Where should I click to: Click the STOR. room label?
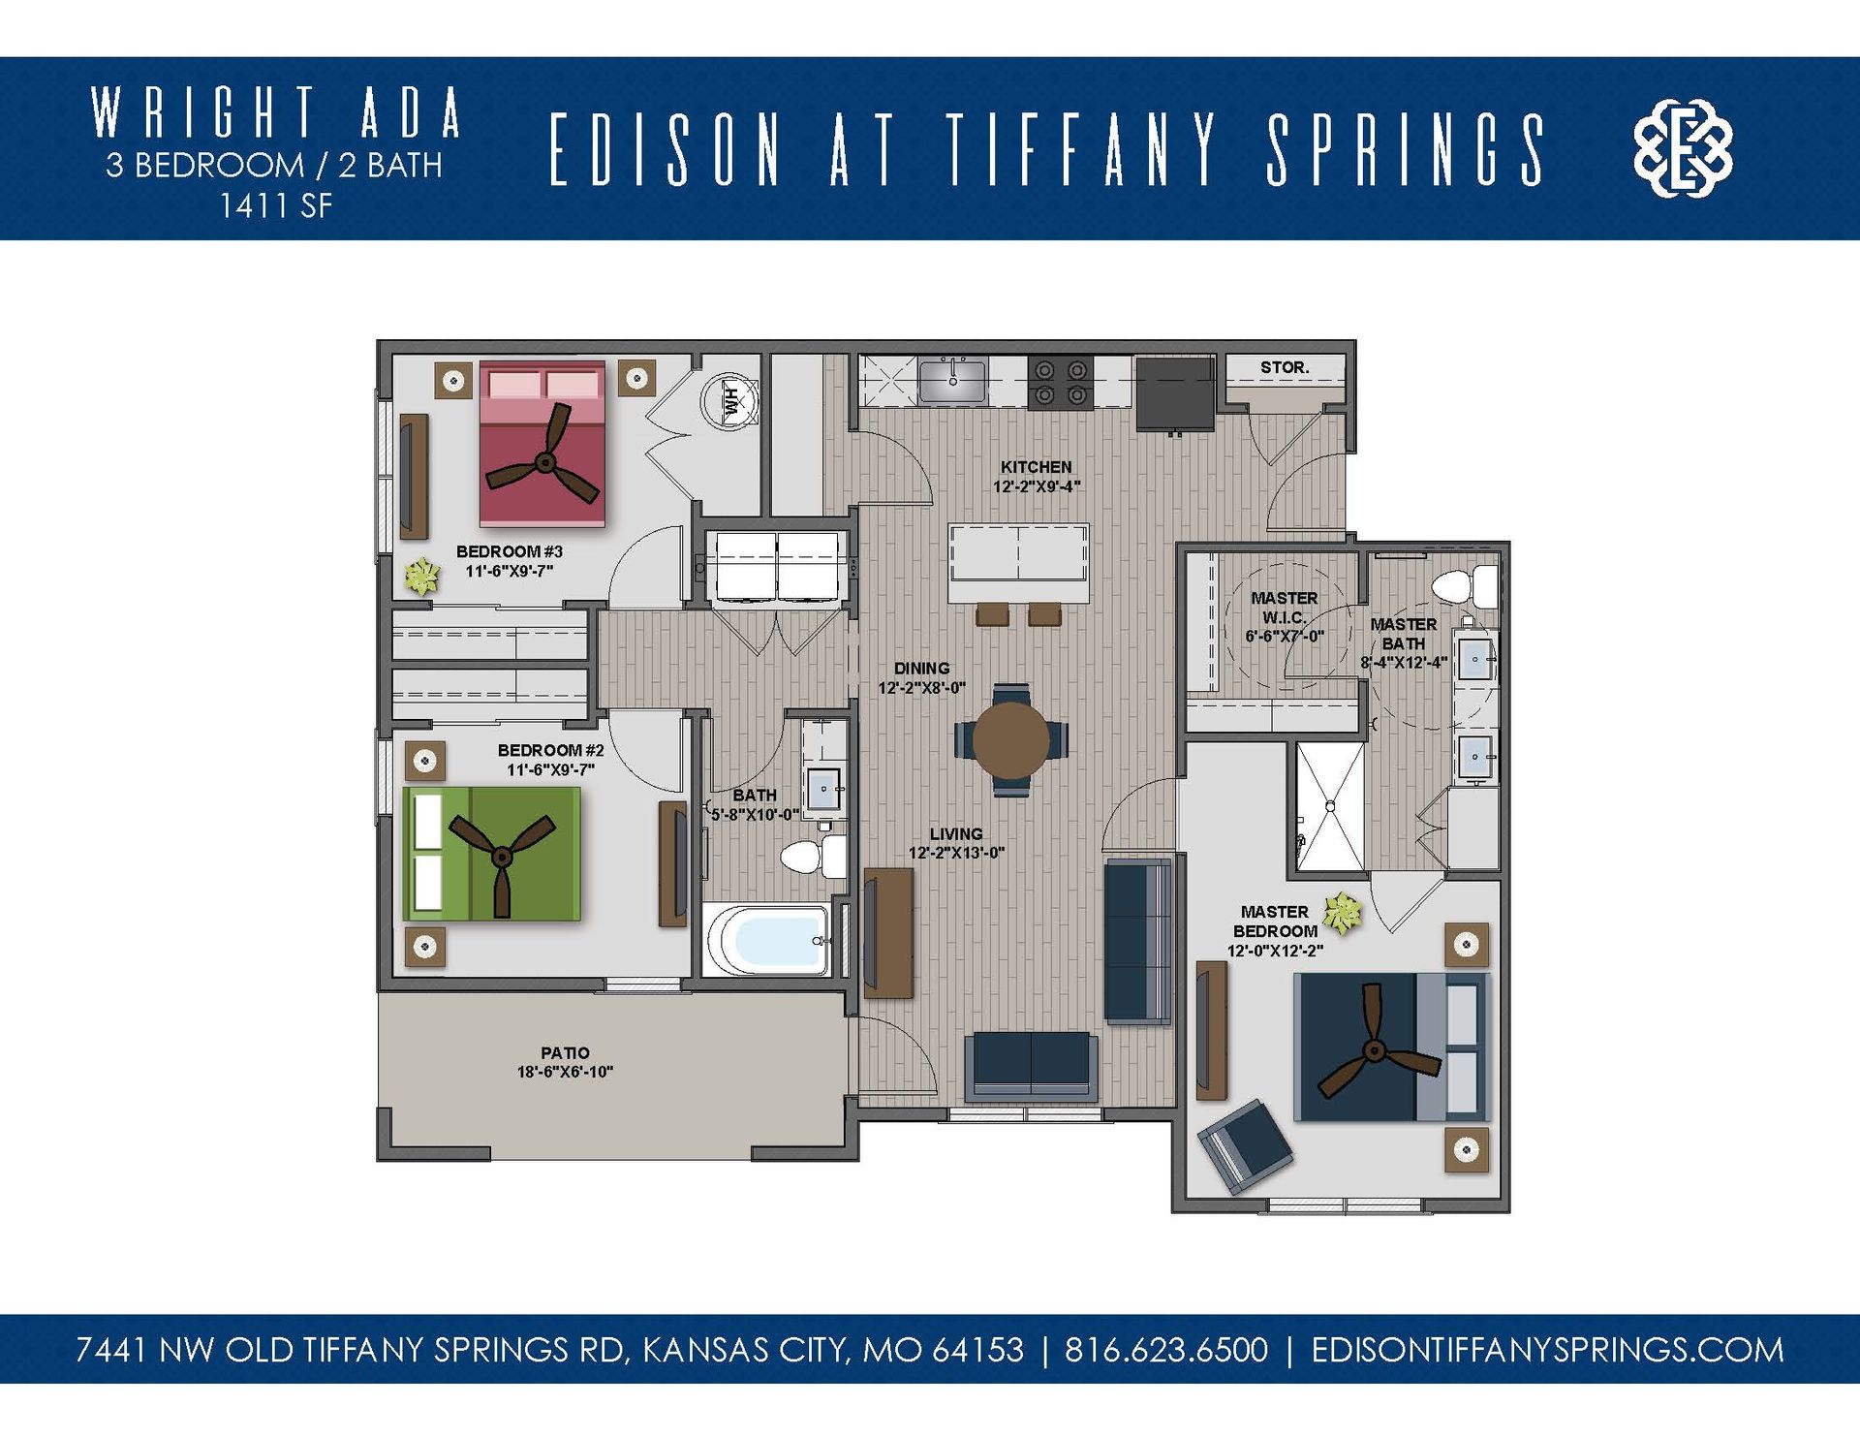1284,368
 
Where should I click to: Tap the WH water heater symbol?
731,400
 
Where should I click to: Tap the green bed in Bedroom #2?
492,854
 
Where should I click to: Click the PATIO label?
565,1053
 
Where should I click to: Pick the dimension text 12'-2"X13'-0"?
956,854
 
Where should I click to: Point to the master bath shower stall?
1330,806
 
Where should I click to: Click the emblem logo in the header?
1683,148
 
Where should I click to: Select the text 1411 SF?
275,206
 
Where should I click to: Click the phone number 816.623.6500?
1165,1350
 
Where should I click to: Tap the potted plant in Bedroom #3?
421,577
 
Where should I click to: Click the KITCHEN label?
1036,467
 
